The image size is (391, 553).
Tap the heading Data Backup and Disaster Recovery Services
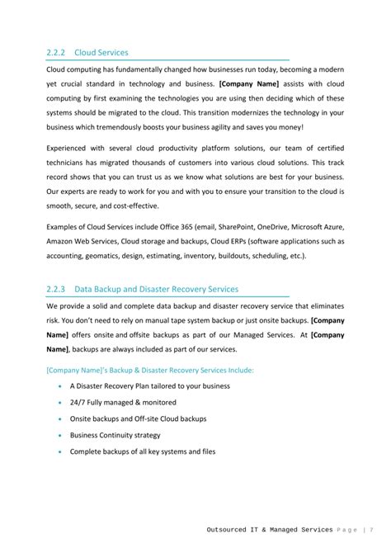[156, 289]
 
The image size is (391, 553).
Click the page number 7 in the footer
[373, 529]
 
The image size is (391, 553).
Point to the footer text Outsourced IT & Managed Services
[270, 529]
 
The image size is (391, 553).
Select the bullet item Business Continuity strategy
[115, 435]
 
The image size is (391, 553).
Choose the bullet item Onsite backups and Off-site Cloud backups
[138, 418]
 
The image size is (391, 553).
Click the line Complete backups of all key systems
[142, 451]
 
